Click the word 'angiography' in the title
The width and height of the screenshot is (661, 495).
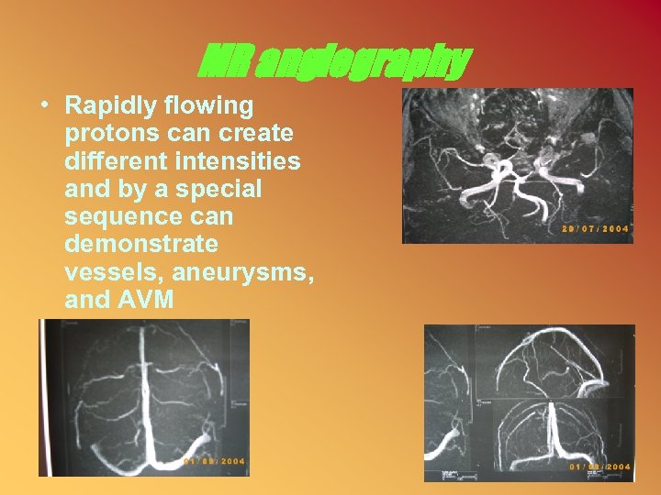pyautogui.click(x=363, y=62)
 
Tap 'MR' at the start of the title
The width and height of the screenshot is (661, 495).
pyautogui.click(x=226, y=62)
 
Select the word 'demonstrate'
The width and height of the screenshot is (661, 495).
pyautogui.click(x=141, y=244)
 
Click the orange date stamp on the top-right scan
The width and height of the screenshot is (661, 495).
pyautogui.click(x=595, y=229)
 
